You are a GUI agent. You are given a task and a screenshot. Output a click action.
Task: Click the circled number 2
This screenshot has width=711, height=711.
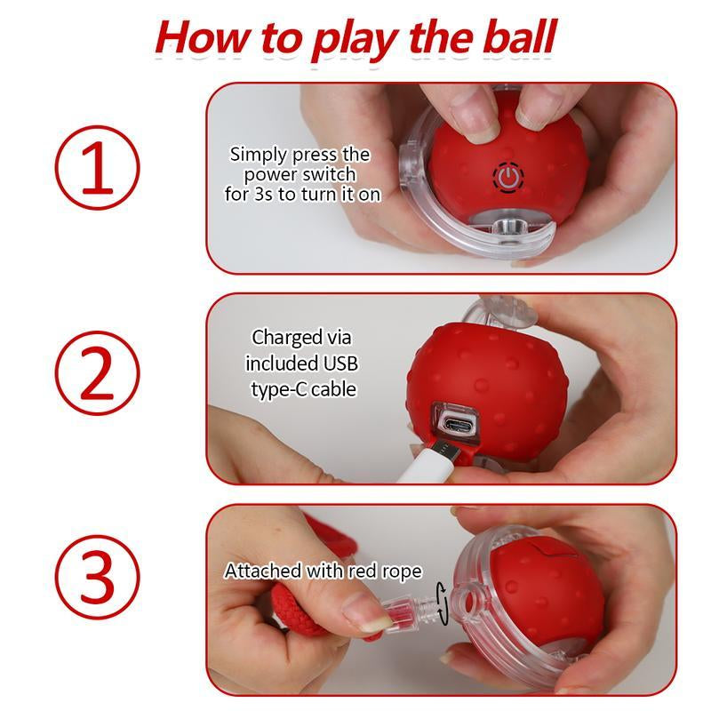coord(97,373)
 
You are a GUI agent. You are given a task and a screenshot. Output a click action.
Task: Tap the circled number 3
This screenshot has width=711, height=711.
coord(97,578)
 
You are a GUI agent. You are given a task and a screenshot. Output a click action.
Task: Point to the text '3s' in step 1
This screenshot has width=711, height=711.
coord(261,193)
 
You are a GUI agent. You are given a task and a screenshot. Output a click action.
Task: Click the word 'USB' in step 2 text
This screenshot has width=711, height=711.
coord(340,363)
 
